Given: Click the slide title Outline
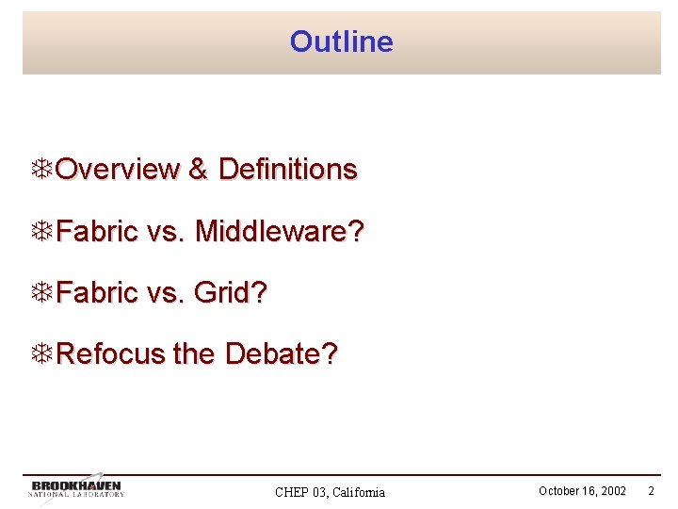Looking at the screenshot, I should [x=341, y=41].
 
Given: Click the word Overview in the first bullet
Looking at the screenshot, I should [x=118, y=170].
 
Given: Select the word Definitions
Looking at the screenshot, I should [x=287, y=170].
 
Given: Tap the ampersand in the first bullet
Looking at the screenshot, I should [x=198, y=170].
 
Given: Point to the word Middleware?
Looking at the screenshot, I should [x=279, y=231].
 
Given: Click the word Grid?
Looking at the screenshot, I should [x=231, y=293].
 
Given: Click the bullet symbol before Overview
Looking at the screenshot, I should [x=41, y=170].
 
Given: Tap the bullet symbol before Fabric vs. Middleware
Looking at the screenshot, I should [x=41, y=231].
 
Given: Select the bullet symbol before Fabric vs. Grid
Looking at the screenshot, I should [x=41, y=293].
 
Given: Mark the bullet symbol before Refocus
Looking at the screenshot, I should [x=41, y=354].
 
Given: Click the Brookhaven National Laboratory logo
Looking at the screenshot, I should [x=77, y=488].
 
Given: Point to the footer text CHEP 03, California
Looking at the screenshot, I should [x=330, y=492].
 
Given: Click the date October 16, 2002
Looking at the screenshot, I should [x=582, y=491].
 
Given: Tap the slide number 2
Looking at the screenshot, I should [x=651, y=491].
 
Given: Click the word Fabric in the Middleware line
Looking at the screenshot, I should [x=97, y=231].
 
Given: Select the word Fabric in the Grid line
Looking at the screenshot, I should [x=97, y=293].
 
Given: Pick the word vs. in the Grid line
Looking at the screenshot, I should [x=166, y=293].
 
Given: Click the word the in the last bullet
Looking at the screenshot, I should [x=195, y=354].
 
